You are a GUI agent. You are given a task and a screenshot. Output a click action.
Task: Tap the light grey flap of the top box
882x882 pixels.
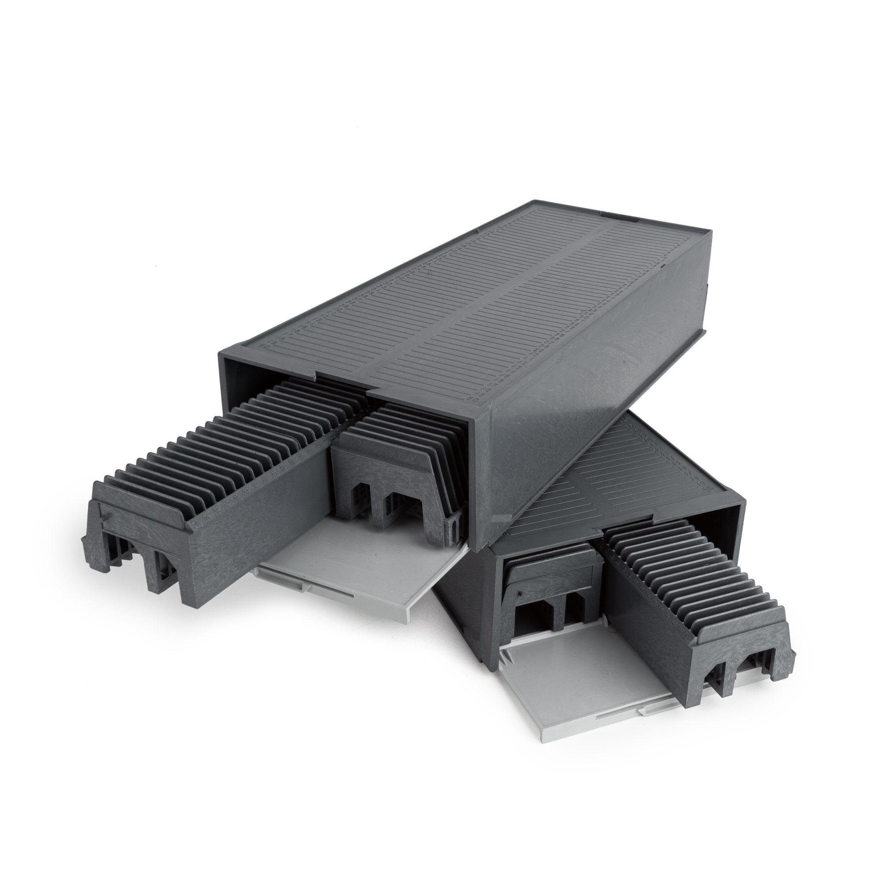[x=347, y=566]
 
